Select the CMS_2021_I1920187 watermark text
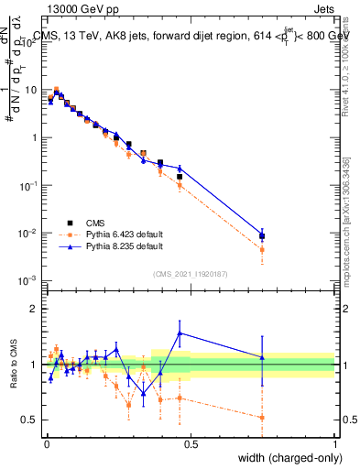(x=189, y=272)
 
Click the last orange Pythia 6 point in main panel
(x=262, y=249)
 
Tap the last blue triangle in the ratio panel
(x=262, y=357)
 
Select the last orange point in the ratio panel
(x=262, y=418)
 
